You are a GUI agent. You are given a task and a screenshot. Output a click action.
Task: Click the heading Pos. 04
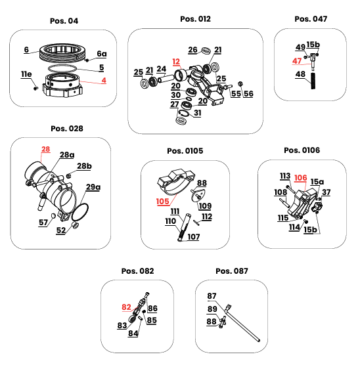click(64, 21)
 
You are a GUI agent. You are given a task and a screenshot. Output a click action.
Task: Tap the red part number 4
click(104, 80)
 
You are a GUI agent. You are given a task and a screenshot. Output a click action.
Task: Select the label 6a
click(102, 54)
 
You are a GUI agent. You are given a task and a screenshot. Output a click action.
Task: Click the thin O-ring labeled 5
click(62, 68)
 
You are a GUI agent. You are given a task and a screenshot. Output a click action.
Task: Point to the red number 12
click(176, 62)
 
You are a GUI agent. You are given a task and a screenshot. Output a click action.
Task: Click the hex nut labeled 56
click(240, 83)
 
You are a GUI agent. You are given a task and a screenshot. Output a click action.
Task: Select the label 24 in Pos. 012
click(162, 69)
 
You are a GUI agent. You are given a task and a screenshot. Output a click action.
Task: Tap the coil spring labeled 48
click(313, 81)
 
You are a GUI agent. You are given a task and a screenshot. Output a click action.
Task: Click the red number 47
click(297, 61)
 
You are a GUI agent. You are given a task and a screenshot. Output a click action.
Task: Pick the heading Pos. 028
click(67, 129)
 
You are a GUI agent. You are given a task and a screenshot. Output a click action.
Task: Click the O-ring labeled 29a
click(80, 212)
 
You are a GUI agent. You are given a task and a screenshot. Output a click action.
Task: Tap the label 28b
click(84, 166)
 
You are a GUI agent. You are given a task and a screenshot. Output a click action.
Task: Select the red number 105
click(162, 202)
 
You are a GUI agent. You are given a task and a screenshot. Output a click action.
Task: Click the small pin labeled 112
click(196, 223)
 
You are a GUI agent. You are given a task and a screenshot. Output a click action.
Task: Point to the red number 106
click(300, 178)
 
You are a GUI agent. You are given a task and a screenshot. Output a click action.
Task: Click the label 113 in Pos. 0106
click(285, 176)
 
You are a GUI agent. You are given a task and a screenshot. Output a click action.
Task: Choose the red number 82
click(126, 307)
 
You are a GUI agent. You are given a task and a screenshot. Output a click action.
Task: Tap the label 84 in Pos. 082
click(133, 334)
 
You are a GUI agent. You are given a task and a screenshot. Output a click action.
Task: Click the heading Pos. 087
click(232, 271)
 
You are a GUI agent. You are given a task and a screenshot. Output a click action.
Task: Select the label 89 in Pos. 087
click(212, 309)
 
